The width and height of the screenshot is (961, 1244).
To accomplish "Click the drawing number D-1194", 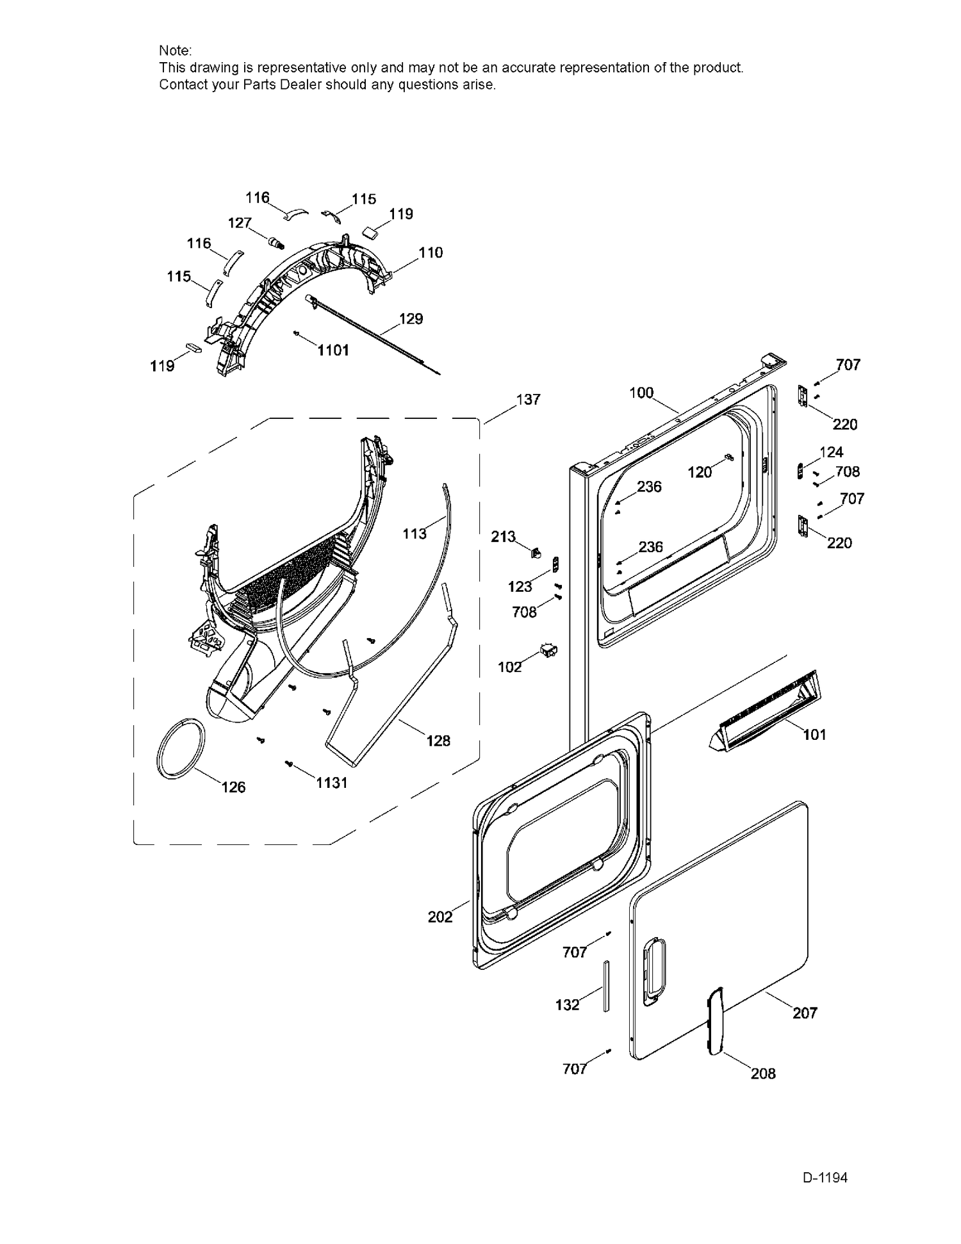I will (825, 1177).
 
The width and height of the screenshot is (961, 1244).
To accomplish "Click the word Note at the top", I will (174, 51).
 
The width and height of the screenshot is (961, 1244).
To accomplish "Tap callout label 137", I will (528, 400).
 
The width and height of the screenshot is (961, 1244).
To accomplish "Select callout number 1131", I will (331, 782).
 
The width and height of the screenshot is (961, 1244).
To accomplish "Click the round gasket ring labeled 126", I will (183, 748).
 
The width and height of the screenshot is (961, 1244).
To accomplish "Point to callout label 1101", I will (333, 350).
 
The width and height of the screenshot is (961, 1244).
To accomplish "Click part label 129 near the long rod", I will (411, 318).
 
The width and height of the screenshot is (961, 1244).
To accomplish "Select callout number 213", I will (503, 536).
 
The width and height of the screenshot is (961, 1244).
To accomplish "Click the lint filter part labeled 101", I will (762, 711).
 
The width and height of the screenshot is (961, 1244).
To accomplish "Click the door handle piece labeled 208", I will (714, 1021).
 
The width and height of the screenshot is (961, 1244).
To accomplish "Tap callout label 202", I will (440, 917).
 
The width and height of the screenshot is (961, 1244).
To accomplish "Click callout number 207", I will (805, 1013).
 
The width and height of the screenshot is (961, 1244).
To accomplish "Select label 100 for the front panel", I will (641, 393).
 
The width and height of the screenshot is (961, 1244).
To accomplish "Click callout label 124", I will (831, 452).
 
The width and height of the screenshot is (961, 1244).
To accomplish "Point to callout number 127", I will (240, 222).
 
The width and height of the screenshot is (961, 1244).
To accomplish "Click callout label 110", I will (431, 252).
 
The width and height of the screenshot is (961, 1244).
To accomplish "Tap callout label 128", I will (438, 741).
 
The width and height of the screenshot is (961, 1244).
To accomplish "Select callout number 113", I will (414, 533).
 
